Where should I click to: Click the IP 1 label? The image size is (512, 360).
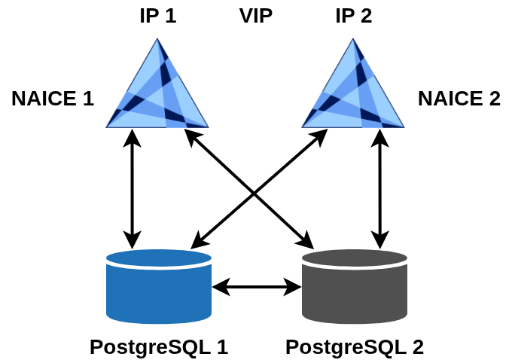158,16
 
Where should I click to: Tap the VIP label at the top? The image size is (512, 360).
256,16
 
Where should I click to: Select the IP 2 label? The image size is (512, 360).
354,16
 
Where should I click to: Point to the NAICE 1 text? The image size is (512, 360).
53,99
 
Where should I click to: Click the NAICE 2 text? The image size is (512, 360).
459,99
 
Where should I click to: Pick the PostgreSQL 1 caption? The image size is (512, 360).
159,346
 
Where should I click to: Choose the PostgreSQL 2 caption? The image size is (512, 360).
355,346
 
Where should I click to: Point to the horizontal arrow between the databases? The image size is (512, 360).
257,286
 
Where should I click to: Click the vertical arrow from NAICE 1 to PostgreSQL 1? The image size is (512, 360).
133,188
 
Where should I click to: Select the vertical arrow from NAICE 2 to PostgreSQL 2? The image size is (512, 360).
380,188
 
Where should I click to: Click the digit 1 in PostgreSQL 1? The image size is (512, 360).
222,346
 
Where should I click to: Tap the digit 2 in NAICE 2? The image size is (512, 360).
494,99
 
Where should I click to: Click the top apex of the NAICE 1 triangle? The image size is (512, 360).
158,39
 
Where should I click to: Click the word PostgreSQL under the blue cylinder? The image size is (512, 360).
150,346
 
